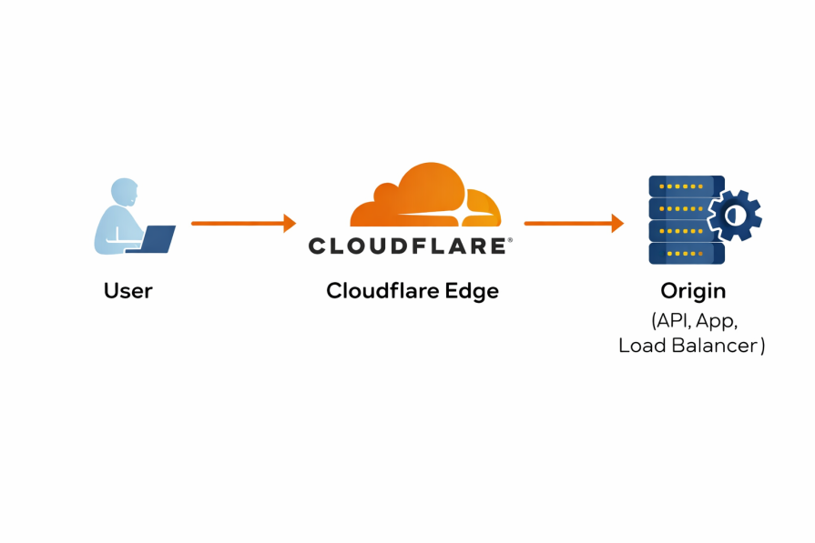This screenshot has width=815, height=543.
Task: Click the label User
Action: point(127,291)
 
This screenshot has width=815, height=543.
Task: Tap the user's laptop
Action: point(156,239)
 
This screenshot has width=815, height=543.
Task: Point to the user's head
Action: point(125,193)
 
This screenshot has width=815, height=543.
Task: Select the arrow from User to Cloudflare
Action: point(239,223)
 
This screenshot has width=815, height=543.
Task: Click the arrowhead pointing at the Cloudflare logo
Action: point(290,223)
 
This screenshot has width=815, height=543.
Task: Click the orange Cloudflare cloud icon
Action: point(425,197)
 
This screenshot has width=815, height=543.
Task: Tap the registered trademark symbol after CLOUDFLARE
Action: point(510,240)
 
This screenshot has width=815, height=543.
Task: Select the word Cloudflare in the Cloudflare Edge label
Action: point(382,291)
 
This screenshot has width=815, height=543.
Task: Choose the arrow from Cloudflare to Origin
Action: point(569,223)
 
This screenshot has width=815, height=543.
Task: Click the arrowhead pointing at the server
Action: point(617,223)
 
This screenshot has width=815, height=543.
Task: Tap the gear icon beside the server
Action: point(735,216)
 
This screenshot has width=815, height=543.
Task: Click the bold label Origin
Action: point(693,291)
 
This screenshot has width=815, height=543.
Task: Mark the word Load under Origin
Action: point(642,346)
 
